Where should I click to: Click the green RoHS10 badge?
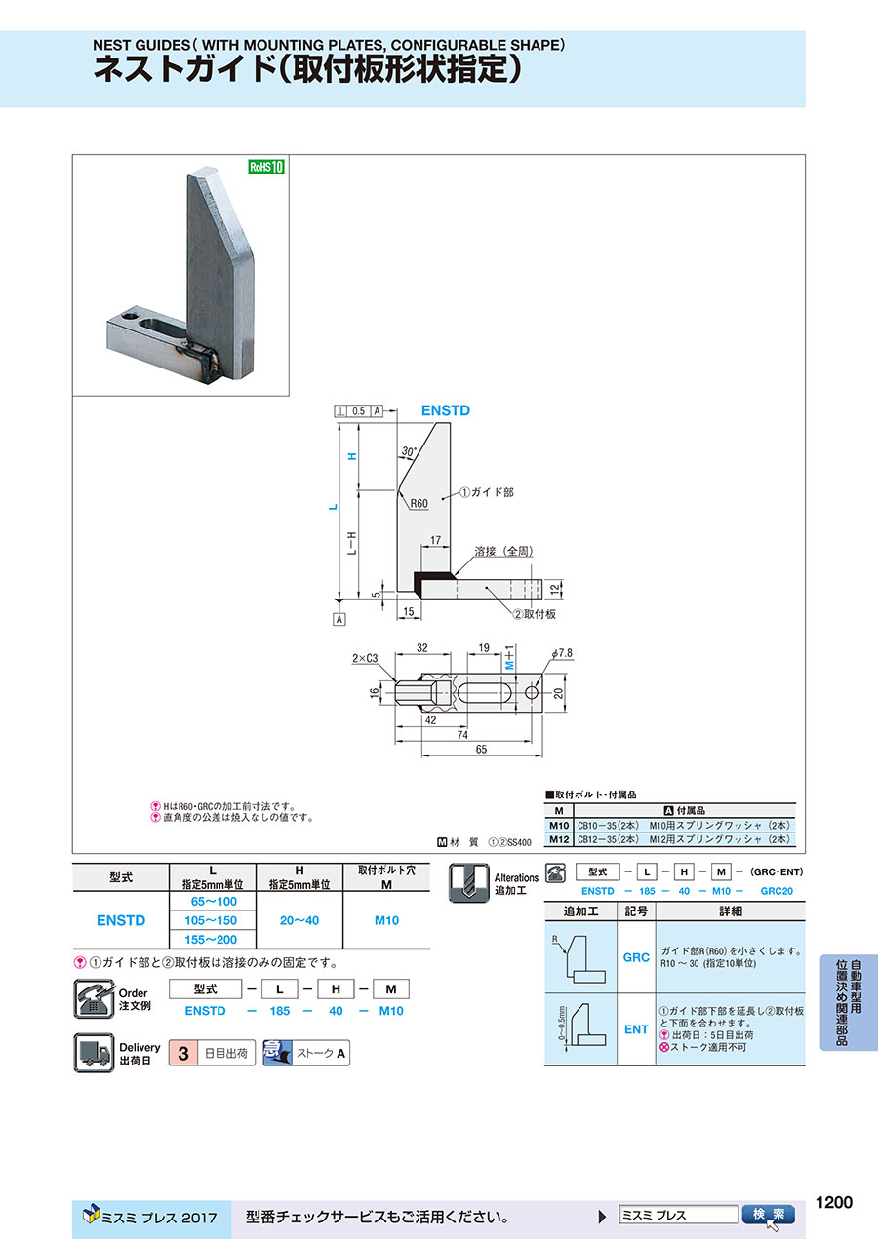265,167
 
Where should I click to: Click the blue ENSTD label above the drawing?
446,411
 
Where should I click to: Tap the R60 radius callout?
419,503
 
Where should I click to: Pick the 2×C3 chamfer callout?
367,659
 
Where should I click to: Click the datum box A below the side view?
339,619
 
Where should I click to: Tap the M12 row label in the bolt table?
559,838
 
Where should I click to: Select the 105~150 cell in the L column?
213,920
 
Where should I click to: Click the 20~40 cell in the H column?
299,920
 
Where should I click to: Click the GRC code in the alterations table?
636,957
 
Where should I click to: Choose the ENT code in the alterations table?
636,1028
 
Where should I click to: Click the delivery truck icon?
95,1053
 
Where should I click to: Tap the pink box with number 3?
182,1053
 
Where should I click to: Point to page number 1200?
833,1202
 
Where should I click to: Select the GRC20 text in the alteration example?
778,891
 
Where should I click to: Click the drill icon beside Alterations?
468,882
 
